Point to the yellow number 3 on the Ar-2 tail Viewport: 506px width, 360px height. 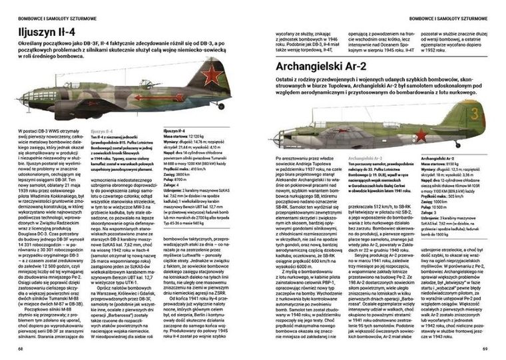pyautogui.click(x=474, y=113)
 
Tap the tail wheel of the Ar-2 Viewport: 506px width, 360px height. pyautogui.click(x=459, y=144)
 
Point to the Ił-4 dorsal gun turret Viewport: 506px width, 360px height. pyautogui.click(x=141, y=82)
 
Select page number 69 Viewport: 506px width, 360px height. pyautogui.click(x=485, y=348)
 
